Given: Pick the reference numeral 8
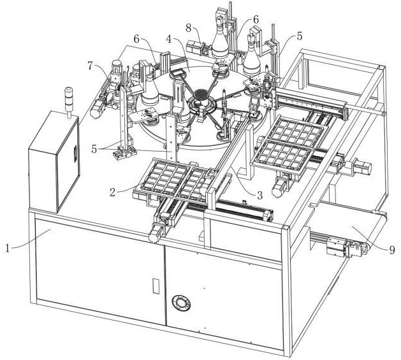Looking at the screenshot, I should click(188, 29).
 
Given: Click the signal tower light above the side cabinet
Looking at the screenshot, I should click(68, 102).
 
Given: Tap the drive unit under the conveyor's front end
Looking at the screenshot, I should click(338, 247).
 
